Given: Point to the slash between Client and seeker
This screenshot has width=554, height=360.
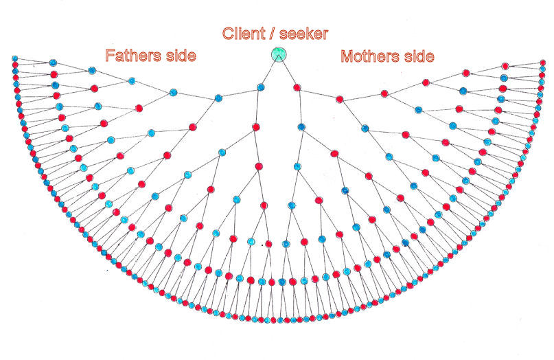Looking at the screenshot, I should [271, 32].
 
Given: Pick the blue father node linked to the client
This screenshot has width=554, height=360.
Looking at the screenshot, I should [261, 87].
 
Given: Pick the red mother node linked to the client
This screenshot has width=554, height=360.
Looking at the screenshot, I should [297, 87].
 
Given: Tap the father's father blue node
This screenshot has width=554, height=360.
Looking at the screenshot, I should [218, 98].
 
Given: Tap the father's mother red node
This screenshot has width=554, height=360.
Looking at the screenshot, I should [255, 127].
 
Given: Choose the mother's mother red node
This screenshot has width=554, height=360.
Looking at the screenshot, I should [339, 100].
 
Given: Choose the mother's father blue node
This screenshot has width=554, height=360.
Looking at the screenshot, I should [301, 128].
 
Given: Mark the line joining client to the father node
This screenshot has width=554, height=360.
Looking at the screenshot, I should [270, 71].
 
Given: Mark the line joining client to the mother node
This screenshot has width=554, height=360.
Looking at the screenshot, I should [288, 71].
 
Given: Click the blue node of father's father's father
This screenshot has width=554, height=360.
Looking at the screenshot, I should [173, 91].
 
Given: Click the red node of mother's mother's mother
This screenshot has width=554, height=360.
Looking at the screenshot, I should [384, 93].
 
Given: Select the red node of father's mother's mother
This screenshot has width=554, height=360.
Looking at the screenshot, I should [259, 166].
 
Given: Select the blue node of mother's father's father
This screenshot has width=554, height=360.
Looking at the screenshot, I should [297, 166].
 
